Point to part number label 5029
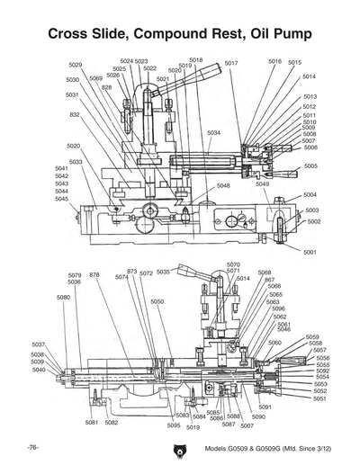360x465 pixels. coord(76,65)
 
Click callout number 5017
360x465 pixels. coord(231,63)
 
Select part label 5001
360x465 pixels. coord(310,252)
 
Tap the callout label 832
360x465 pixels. coord(75,115)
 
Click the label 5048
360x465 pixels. coord(223,185)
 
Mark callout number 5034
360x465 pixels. coord(213,132)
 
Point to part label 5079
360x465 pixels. coord(75,275)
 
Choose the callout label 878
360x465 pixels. coord(94,274)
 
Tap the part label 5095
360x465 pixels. coord(174,425)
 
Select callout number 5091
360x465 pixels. coord(265,407)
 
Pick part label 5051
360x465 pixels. coord(320,398)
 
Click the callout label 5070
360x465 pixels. coord(233,264)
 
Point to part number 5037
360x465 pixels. coord(39,344)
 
